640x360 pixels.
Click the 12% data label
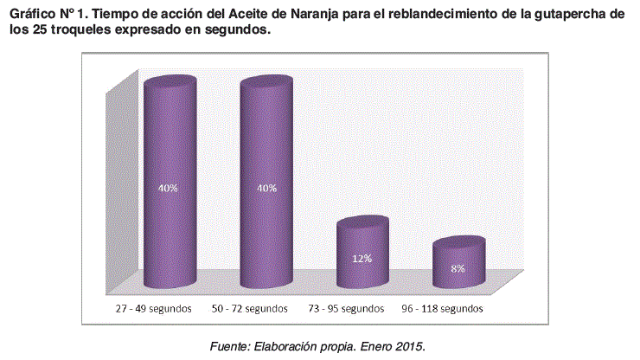(x=362, y=258)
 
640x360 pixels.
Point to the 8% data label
(x=458, y=268)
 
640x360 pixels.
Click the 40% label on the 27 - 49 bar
(x=168, y=188)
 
